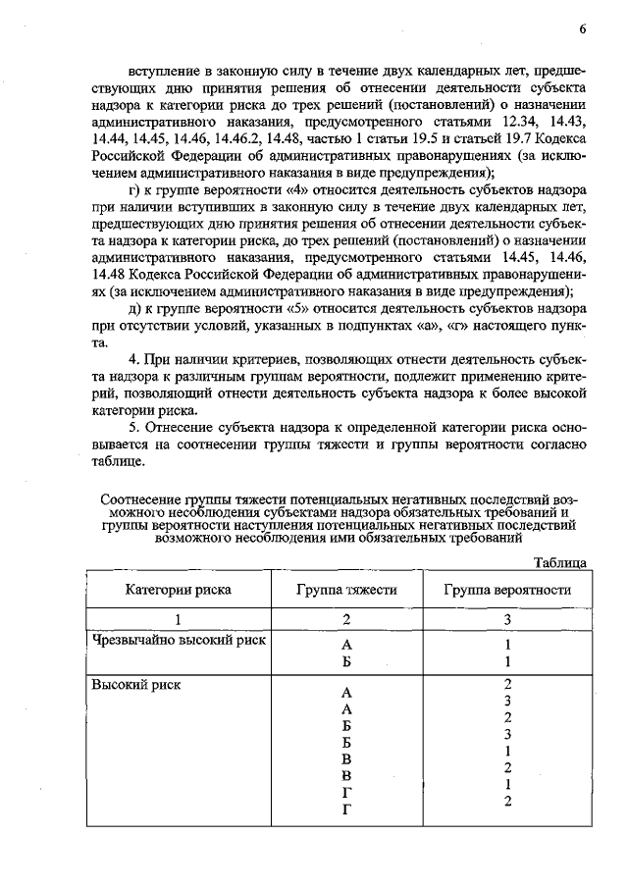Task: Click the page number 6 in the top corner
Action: pos(582,27)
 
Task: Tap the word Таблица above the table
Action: pos(560,562)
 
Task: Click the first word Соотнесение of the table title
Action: pos(144,498)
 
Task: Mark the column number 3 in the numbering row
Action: pos(506,619)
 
